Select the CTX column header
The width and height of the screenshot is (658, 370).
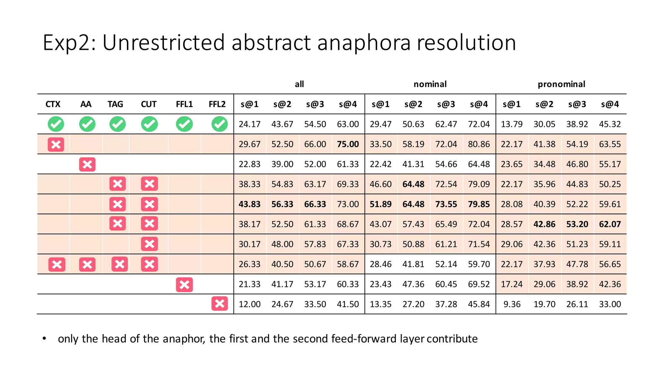pos(53,104)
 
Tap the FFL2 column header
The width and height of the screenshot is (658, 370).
pos(217,104)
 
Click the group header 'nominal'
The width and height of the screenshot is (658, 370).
pos(430,84)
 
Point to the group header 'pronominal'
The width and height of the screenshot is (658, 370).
pos(561,84)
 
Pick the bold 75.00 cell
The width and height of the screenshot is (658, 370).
pos(348,144)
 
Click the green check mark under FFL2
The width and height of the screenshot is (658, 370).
pos(219,124)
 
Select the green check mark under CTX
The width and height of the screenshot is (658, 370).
pos(56,124)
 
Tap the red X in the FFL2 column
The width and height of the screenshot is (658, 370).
pos(219,304)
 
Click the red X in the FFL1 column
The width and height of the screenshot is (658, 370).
pos(184,285)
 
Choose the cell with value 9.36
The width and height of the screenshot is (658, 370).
pos(512,304)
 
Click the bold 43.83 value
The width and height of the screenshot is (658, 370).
pos(249,204)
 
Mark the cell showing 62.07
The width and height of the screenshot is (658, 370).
pos(610,224)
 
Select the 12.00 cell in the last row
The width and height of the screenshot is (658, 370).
pos(249,304)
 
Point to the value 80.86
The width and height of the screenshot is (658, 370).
pos(479,144)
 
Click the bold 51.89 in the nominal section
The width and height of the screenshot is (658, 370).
pos(380,204)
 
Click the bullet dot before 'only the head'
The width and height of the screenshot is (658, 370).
pos(44,339)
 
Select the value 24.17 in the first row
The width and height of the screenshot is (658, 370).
pos(249,124)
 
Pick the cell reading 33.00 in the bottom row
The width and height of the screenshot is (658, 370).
pos(610,304)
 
